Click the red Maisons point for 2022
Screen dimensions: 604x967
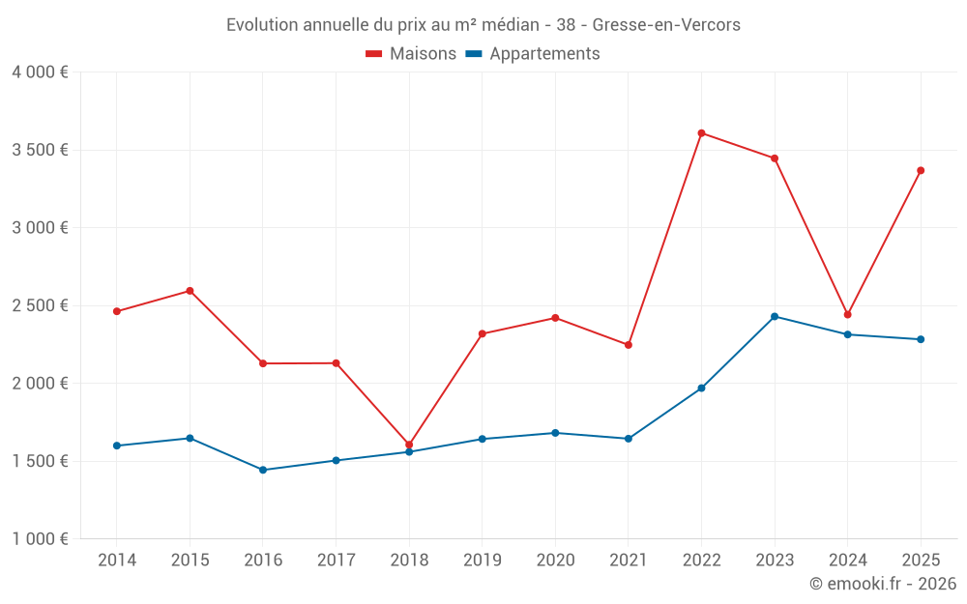(x=701, y=133)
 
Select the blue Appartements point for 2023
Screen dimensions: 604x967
(x=775, y=317)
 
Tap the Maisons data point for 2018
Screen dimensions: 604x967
(x=409, y=446)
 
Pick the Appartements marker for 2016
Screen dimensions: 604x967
(x=263, y=470)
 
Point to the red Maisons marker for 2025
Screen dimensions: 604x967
(x=921, y=171)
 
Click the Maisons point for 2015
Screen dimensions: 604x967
(x=190, y=291)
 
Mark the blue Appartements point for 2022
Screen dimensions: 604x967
(x=701, y=388)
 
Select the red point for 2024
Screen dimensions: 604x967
(x=847, y=315)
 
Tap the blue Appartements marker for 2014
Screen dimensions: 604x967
(x=117, y=446)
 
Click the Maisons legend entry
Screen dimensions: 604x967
(x=411, y=54)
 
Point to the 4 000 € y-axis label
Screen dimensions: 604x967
(x=40, y=72)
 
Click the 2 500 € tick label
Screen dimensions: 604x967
(x=40, y=305)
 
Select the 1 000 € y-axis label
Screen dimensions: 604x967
(x=40, y=539)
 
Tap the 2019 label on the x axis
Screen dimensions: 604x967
(x=482, y=561)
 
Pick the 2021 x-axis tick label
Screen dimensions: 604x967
(x=628, y=561)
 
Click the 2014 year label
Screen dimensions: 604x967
(x=117, y=561)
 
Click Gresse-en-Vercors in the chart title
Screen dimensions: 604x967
(x=666, y=25)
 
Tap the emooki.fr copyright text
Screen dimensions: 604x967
(x=882, y=584)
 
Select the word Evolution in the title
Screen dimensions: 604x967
(x=262, y=25)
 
